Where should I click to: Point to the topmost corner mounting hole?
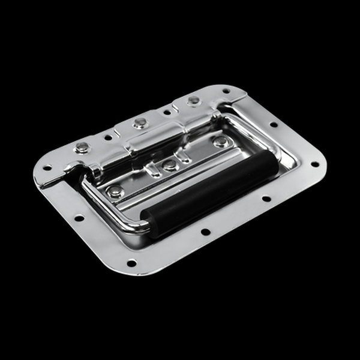226,92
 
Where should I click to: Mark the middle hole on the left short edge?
79,218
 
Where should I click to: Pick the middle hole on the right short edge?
274,125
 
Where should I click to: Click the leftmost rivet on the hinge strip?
82,148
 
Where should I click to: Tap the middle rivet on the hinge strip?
140,123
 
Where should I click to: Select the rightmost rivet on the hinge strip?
193,100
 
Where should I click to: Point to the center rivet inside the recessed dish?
170,164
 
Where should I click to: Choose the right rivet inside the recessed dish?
221,142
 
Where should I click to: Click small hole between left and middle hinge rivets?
109,137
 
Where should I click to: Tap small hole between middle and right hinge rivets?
167,112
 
